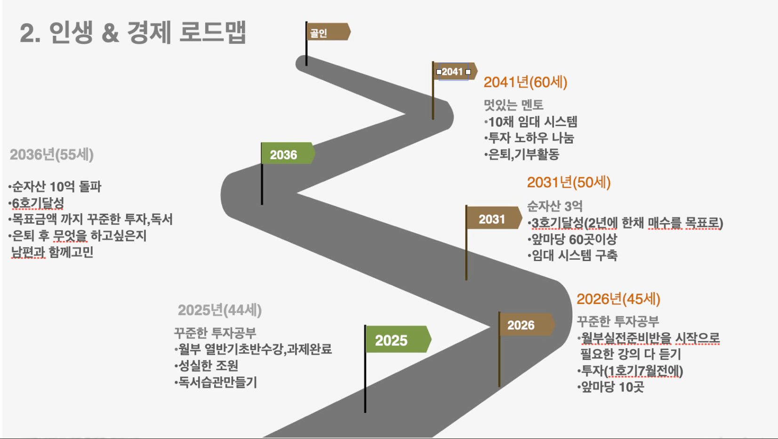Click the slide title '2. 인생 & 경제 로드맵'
click(133, 32)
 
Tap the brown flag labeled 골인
click(329, 32)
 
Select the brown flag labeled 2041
click(455, 72)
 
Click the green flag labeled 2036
click(288, 153)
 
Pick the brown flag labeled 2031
click(494, 218)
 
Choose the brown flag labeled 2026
click(527, 324)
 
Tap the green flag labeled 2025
click(398, 339)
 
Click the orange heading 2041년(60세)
click(526, 82)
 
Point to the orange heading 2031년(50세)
click(569, 183)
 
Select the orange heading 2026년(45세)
click(618, 299)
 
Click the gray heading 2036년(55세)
click(52, 154)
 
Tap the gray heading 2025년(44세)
click(220, 310)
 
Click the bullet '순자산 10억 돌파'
click(55, 187)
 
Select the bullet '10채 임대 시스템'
click(531, 122)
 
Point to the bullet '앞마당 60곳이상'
click(572, 239)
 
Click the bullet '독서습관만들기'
click(216, 383)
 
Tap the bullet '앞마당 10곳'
click(610, 387)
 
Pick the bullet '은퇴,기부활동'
click(521, 154)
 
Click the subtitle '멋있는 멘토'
click(513, 105)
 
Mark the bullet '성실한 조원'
click(206, 366)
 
